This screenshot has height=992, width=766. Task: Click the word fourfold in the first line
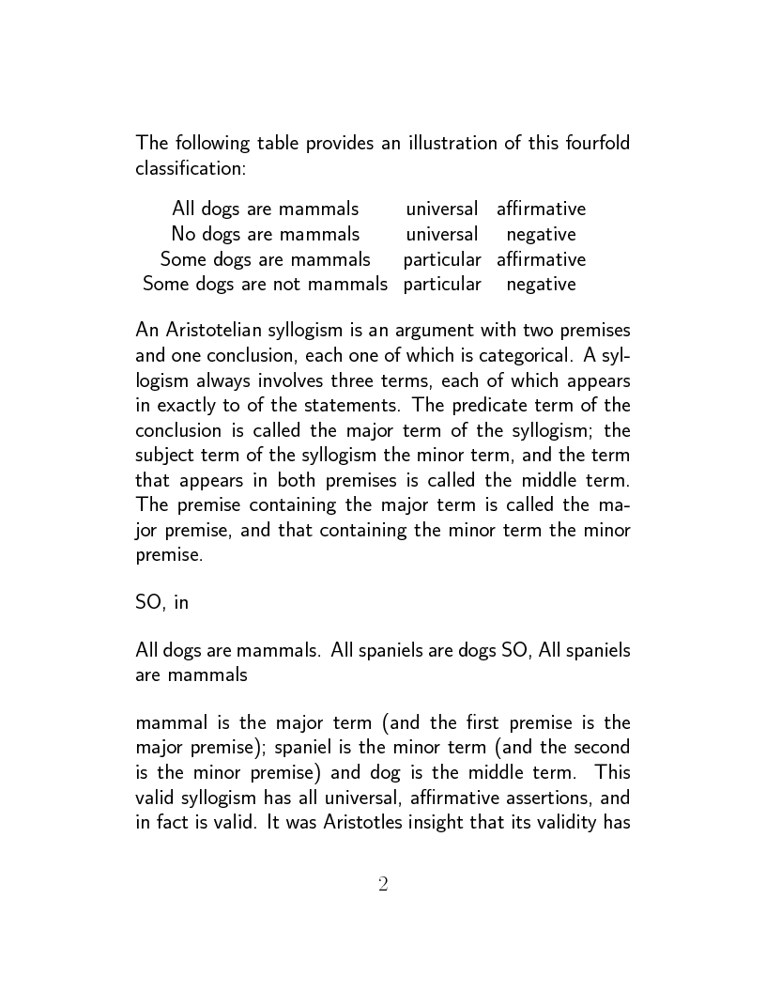click(x=593, y=144)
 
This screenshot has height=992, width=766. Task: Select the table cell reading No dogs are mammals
click(x=265, y=234)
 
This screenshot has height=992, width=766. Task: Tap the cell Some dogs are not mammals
click(x=265, y=284)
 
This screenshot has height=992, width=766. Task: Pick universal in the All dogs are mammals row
click(x=441, y=209)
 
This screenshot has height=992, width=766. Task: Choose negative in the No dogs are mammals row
click(x=541, y=234)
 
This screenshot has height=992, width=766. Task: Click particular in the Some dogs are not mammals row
click(x=442, y=284)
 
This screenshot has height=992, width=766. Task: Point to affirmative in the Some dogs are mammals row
click(x=541, y=259)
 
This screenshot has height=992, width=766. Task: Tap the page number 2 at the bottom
click(x=383, y=884)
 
